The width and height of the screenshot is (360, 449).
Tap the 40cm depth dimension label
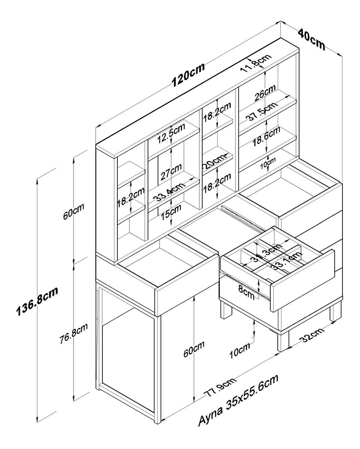[x=311, y=39]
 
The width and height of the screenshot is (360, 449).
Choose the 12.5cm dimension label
[x=170, y=133]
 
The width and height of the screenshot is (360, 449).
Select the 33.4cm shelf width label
[x=170, y=192]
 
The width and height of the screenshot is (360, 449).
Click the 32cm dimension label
[x=311, y=336]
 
